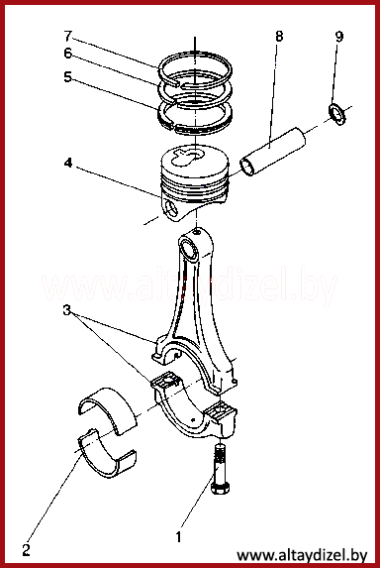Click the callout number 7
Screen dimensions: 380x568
click(68, 37)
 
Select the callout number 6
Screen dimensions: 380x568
click(68, 54)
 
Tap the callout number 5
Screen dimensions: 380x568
click(68, 76)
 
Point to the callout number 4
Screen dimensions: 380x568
click(68, 164)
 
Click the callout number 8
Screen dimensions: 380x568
click(279, 37)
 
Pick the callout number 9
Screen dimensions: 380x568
click(339, 37)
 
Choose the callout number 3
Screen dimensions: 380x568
click(66, 310)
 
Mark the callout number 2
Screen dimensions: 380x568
click(26, 550)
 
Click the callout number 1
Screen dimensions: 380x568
click(178, 537)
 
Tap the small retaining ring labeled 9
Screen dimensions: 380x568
click(337, 114)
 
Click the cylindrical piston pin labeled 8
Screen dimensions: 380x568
click(273, 152)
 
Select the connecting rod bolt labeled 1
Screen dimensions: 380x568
click(220, 470)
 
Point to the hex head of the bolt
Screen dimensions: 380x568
click(220, 490)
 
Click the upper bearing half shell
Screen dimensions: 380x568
click(107, 409)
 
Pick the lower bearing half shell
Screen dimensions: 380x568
click(107, 453)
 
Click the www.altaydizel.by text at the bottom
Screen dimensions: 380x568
click(302, 555)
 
